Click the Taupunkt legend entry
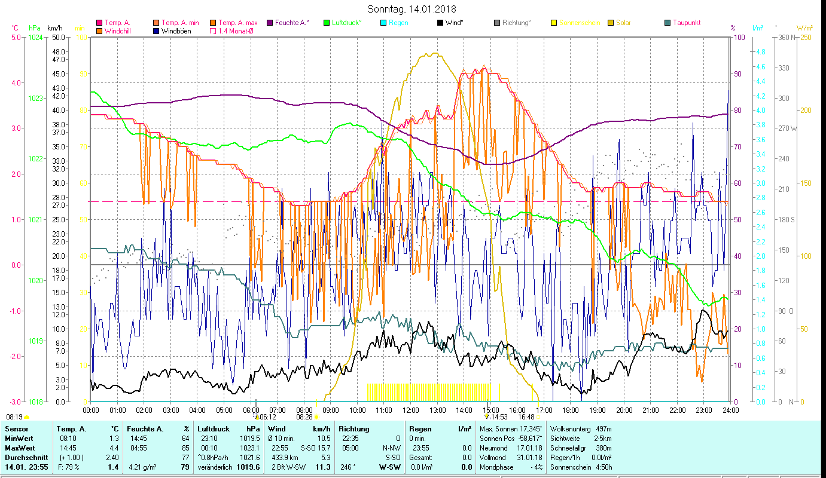pyautogui.click(x=686, y=23)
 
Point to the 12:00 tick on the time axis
pyautogui.click(x=410, y=410)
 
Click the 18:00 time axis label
pyautogui.click(x=571, y=410)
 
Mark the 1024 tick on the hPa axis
pyautogui.click(x=35, y=37)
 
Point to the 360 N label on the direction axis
pyautogui.click(x=785, y=37)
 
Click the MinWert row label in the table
pyautogui.click(x=19, y=448)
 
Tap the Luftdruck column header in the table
pyautogui.click(x=214, y=429)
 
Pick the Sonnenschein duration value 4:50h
pyautogui.click(x=601, y=467)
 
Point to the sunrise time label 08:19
pyautogui.click(x=14, y=416)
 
